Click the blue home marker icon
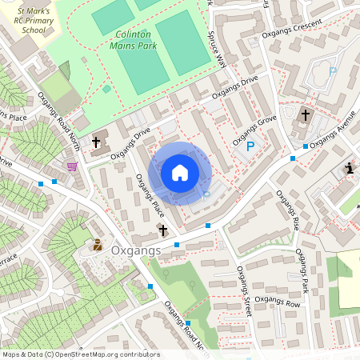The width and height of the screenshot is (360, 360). point(180,173)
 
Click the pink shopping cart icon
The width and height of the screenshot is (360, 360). point(72,166)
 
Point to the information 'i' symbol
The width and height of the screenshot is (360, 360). point(349,167)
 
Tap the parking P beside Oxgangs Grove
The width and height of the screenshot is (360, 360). point(250,146)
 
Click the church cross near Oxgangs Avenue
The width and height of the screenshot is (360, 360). point(305,114)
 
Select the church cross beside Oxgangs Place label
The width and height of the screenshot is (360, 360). point(163,230)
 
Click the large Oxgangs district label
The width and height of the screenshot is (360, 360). point(136,250)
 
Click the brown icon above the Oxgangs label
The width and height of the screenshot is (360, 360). point(98,245)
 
